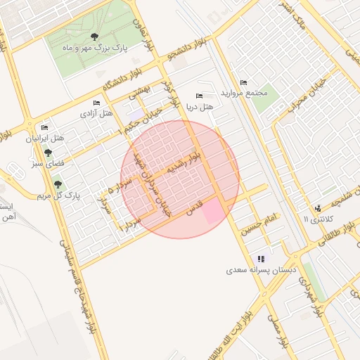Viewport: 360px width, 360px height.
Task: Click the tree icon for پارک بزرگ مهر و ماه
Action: (95, 37)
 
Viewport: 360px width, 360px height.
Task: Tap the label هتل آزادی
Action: (96, 113)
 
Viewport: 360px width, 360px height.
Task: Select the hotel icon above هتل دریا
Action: (199, 96)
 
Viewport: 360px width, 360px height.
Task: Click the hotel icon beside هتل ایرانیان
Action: (45, 127)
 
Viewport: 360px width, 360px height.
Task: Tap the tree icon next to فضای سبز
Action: (48, 153)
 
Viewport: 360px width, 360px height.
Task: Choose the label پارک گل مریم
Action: (57, 195)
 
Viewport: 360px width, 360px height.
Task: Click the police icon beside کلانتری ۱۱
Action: (318, 208)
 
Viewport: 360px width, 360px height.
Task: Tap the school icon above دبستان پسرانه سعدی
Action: (262, 259)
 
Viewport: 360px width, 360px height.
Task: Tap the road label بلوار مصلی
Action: (276, 330)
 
